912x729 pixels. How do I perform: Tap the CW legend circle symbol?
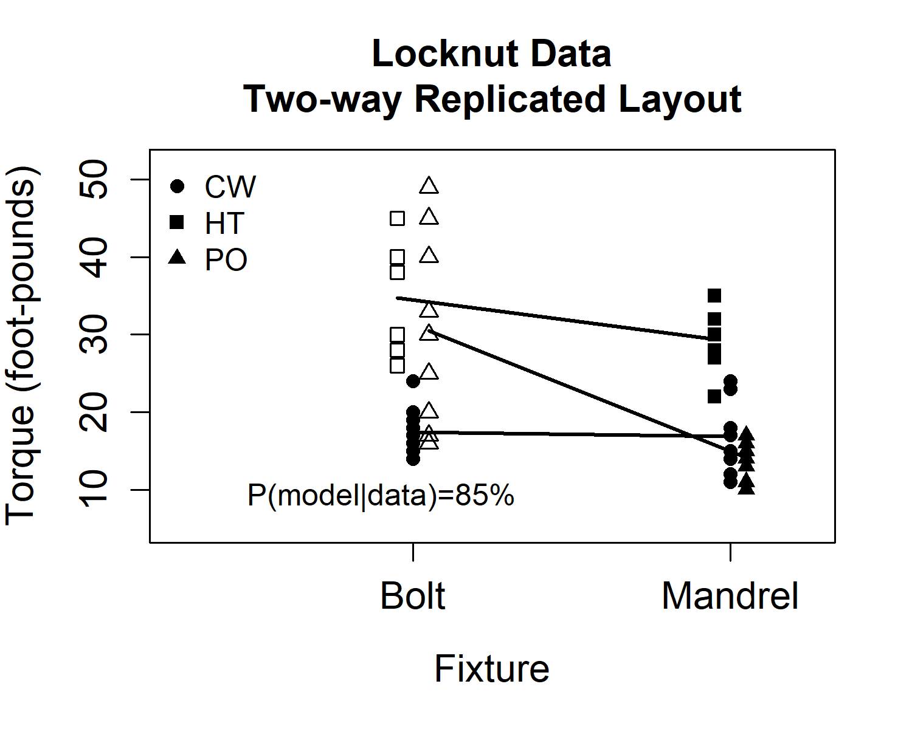pyautogui.click(x=177, y=187)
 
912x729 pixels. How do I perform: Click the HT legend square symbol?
pyautogui.click(x=177, y=223)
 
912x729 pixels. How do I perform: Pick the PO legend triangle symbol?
pyautogui.click(x=177, y=258)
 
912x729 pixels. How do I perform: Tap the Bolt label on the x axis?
pyautogui.click(x=413, y=596)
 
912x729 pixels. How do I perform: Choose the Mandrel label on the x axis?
pyautogui.click(x=730, y=596)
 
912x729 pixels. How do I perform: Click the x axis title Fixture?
pyautogui.click(x=492, y=669)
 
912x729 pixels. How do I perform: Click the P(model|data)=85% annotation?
pyautogui.click(x=381, y=496)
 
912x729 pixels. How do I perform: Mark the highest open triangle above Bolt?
pyautogui.click(x=429, y=185)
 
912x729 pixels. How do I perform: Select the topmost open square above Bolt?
pyautogui.click(x=397, y=218)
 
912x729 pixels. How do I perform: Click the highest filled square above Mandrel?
pyautogui.click(x=714, y=296)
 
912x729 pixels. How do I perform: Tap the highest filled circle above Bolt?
pyautogui.click(x=413, y=381)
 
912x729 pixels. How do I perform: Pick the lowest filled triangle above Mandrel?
pyautogui.click(x=747, y=487)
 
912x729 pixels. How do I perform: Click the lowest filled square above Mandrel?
pyautogui.click(x=714, y=397)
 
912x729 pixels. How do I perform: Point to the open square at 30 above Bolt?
pyautogui.click(x=397, y=334)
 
